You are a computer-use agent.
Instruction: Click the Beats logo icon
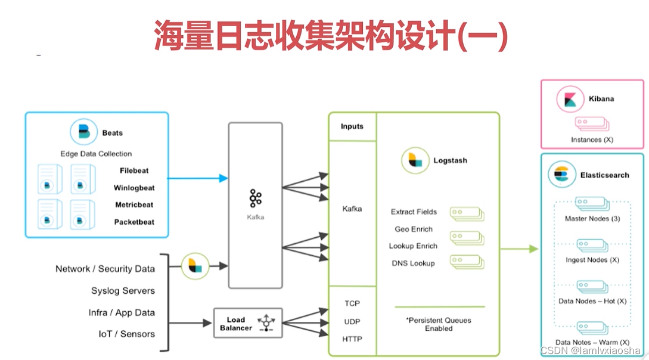pyautogui.click(x=83, y=133)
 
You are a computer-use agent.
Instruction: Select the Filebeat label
pyautogui.click(x=134, y=170)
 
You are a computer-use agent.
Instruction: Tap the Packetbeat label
pyautogui.click(x=134, y=222)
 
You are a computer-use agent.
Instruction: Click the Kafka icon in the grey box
pyautogui.click(x=256, y=198)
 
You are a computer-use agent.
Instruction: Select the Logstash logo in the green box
pyautogui.click(x=415, y=161)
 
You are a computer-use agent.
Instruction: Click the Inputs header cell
pyautogui.click(x=352, y=126)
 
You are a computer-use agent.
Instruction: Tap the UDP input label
pyautogui.click(x=352, y=321)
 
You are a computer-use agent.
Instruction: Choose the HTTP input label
pyautogui.click(x=352, y=339)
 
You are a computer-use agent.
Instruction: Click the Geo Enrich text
pyautogui.click(x=414, y=229)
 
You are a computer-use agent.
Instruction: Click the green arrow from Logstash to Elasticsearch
pyautogui.click(x=519, y=249)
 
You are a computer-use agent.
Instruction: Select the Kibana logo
pyautogui.click(x=570, y=99)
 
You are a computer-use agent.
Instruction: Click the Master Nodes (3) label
pyautogui.click(x=592, y=219)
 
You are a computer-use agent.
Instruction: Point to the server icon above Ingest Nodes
pyautogui.click(x=592, y=245)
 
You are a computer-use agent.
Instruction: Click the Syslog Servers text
pyautogui.click(x=123, y=291)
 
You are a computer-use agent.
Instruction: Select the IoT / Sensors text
pyautogui.click(x=126, y=334)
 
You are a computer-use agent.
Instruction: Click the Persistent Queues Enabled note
pyautogui.click(x=439, y=324)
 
